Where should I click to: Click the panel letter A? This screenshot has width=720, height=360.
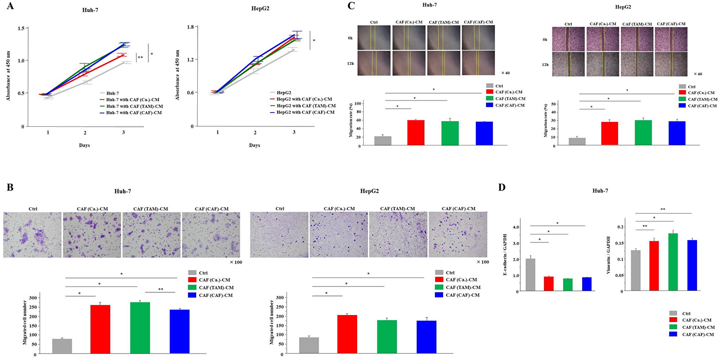10,6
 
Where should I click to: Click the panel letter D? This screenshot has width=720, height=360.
502,187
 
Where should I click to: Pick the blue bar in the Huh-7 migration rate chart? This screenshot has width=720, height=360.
484,134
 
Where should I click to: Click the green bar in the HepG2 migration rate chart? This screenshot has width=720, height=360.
643,132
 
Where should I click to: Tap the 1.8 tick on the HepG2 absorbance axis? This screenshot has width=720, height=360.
190,27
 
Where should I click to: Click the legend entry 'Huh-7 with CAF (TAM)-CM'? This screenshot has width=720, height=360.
134,106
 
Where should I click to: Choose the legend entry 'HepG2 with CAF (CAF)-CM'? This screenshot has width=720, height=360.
305,112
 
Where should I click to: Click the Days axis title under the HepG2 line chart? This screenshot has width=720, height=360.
255,145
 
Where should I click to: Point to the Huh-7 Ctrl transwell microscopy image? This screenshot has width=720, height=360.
32,235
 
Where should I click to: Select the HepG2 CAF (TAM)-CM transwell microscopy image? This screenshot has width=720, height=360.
398,235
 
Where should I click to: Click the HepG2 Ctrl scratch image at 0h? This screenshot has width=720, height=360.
568,39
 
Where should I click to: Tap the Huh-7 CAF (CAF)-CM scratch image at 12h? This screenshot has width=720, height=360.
478,63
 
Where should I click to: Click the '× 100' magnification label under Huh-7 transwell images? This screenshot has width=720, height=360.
236,262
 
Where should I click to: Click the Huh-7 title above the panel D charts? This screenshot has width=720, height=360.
600,191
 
